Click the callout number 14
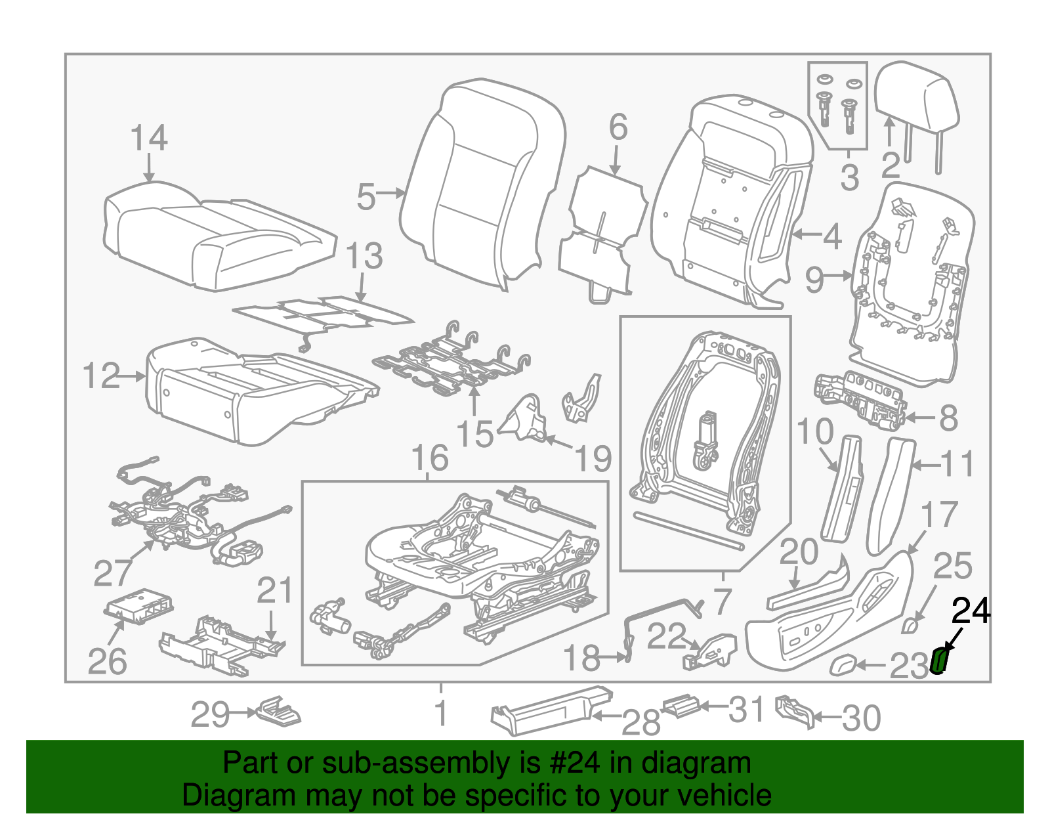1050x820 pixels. coord(149,139)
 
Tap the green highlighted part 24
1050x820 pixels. coord(940,660)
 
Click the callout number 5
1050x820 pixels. coord(366,196)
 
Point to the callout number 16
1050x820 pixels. coord(430,458)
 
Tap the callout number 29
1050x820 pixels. coord(210,714)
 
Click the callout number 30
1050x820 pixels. coord(861,718)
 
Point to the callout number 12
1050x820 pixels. coord(102,376)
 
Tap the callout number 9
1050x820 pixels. coord(814,280)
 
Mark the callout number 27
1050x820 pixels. coord(113,572)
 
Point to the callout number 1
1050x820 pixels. coord(442,713)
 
